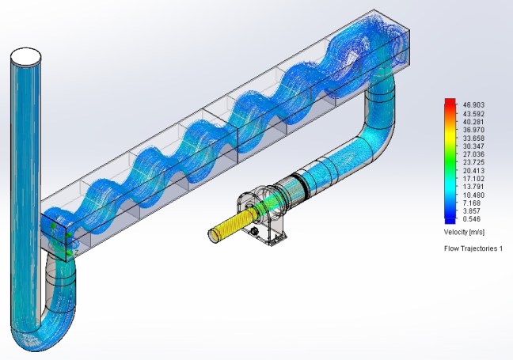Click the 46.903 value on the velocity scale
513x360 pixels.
473,105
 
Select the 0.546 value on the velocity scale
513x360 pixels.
472,218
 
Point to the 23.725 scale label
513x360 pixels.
473,162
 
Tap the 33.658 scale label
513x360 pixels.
473,138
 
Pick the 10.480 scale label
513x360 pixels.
473,195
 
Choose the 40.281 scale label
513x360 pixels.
473,122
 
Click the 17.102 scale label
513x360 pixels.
473,179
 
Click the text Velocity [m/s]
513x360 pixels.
464,232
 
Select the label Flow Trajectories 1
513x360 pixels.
473,248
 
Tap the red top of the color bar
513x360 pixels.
450,101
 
